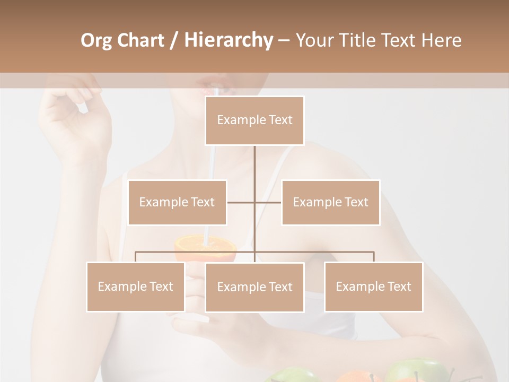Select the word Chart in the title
click(141, 41)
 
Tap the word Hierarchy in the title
click(229, 41)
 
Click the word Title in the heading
click(358, 41)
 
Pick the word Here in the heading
click(441, 41)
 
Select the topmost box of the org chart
click(254, 120)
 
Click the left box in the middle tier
click(177, 202)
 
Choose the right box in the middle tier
click(330, 202)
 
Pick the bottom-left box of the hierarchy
click(135, 286)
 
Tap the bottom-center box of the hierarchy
click(254, 287)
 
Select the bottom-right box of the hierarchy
click(373, 286)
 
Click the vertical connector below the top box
click(254, 170)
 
